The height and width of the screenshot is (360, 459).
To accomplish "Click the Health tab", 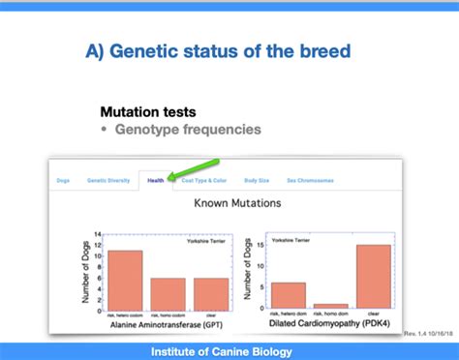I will [x=155, y=180].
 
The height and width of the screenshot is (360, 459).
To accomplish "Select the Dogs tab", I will [x=63, y=180].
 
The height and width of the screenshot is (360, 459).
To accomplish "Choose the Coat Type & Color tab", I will [x=204, y=180].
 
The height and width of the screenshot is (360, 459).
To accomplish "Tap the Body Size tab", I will [x=257, y=180].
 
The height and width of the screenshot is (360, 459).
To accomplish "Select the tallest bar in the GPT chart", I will [x=126, y=280].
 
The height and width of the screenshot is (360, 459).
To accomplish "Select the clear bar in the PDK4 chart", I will [x=373, y=277].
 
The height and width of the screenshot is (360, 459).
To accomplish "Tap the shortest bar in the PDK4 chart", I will [x=331, y=307].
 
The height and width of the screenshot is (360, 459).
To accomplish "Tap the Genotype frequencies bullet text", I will [x=188, y=129].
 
